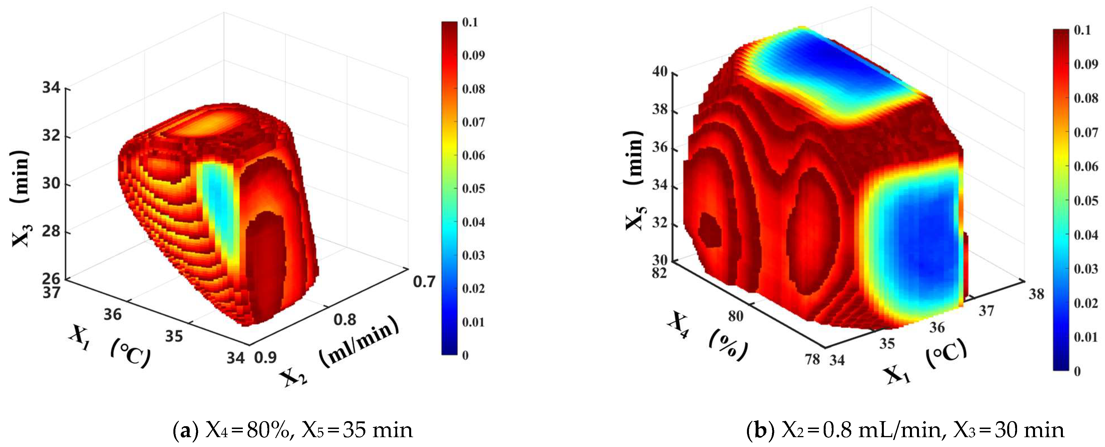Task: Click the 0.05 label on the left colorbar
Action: click(x=473, y=188)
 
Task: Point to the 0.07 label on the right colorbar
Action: click(x=1086, y=132)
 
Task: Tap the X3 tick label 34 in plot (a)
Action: click(x=51, y=88)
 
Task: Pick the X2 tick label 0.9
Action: click(x=266, y=357)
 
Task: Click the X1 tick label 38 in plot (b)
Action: click(x=1036, y=294)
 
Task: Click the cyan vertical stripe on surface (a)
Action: click(x=220, y=206)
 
